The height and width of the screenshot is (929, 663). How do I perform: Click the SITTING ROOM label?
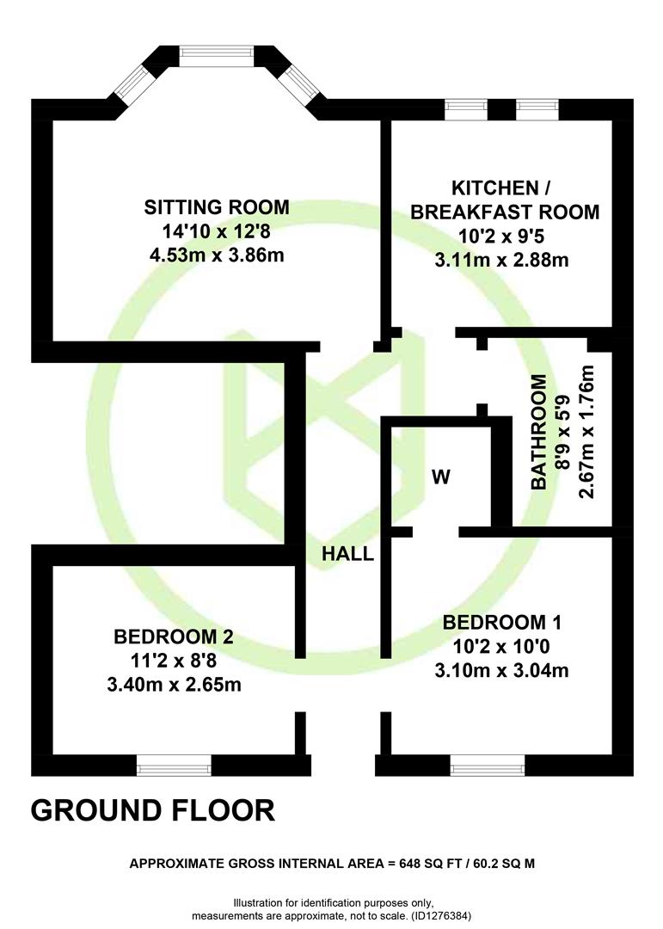[x=216, y=207]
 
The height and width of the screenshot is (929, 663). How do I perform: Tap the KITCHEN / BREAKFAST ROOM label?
[x=505, y=200]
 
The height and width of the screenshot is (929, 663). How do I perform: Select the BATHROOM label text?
[x=538, y=432]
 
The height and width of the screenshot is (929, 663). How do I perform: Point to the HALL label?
[x=347, y=554]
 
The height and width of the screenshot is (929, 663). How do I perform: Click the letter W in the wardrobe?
[x=441, y=477]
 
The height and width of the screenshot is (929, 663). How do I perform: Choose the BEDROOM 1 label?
[x=502, y=623]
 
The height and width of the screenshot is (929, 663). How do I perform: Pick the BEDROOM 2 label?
[x=174, y=637]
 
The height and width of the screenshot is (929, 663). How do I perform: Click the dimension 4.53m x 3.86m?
[x=217, y=255]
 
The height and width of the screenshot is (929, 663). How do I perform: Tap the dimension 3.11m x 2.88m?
[x=502, y=260]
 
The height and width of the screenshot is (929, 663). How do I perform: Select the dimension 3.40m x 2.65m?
[x=175, y=685]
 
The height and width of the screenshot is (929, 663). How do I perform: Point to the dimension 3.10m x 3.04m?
[x=502, y=671]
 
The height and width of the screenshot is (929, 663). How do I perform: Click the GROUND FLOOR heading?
[x=153, y=810]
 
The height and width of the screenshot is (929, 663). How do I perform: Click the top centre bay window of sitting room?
[x=217, y=52]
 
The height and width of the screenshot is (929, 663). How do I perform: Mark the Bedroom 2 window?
[x=175, y=766]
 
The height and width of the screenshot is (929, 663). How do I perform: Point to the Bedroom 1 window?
[x=488, y=766]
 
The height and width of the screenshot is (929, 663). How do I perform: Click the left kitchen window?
[x=466, y=109]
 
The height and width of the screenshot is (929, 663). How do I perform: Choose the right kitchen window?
[x=537, y=109]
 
